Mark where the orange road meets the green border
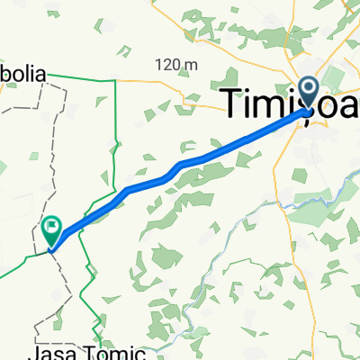tap(116, 79)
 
